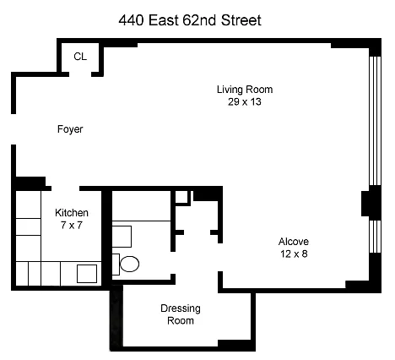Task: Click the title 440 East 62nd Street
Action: pos(190,20)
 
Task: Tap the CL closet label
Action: pos(80,57)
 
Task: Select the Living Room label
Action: pos(245,90)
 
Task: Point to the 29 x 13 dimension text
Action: pos(245,101)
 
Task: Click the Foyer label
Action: pos(70,129)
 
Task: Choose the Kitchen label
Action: pos(72,213)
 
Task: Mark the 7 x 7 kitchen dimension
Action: pos(72,226)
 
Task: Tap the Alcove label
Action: pos(294,242)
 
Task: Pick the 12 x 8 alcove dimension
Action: pos(294,254)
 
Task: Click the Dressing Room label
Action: pos(181,314)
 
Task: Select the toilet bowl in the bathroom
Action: pos(129,264)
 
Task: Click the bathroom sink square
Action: pos(122,237)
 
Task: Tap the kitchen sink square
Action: pos(87,274)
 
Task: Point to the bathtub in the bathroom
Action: pos(141,206)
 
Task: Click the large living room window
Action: pos(375,121)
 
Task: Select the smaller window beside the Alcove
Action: pos(375,237)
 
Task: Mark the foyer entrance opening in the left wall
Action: pos(14,129)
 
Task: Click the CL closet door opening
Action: pos(80,74)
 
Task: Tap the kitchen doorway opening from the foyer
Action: pos(66,188)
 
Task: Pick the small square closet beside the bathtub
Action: pos(181,197)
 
